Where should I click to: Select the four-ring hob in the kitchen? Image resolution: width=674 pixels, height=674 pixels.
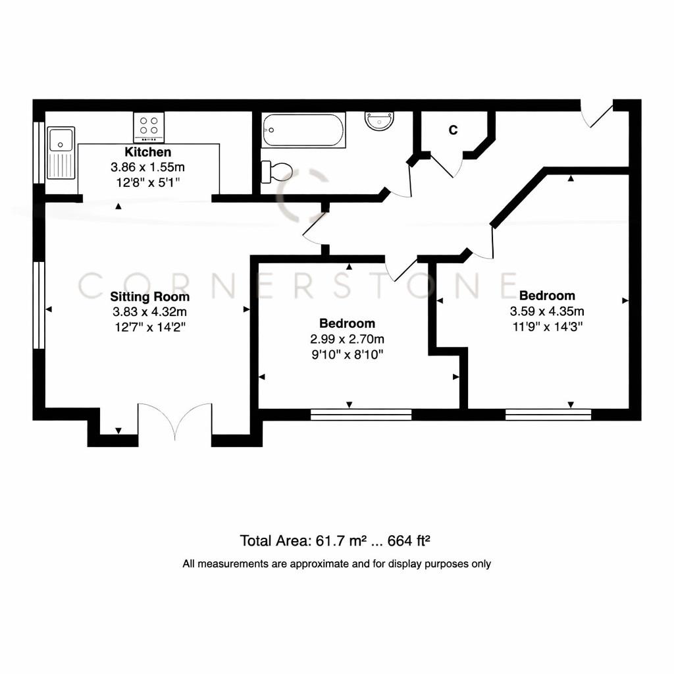pyautogui.click(x=149, y=127)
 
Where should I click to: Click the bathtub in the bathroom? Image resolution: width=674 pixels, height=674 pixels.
pyautogui.click(x=303, y=130)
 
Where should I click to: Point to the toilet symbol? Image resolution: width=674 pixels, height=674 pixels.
pyautogui.click(x=277, y=172)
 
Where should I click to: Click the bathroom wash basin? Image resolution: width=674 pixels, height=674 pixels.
pyautogui.click(x=380, y=120)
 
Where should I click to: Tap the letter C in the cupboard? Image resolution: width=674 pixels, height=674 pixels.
pyautogui.click(x=453, y=130)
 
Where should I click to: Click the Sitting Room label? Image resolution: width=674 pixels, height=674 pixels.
pyautogui.click(x=149, y=296)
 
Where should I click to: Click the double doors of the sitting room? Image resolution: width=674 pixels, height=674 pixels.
pyautogui.click(x=175, y=421)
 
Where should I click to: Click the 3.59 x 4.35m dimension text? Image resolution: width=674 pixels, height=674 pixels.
pyautogui.click(x=547, y=311)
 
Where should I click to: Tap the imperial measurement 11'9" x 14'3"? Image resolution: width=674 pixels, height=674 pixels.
pyautogui.click(x=547, y=326)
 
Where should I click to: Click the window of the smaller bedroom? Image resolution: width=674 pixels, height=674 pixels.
pyautogui.click(x=361, y=414)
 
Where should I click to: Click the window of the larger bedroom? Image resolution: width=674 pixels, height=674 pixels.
pyautogui.click(x=548, y=414)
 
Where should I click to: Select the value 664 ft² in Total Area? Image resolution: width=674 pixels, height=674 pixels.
pyautogui.click(x=409, y=541)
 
